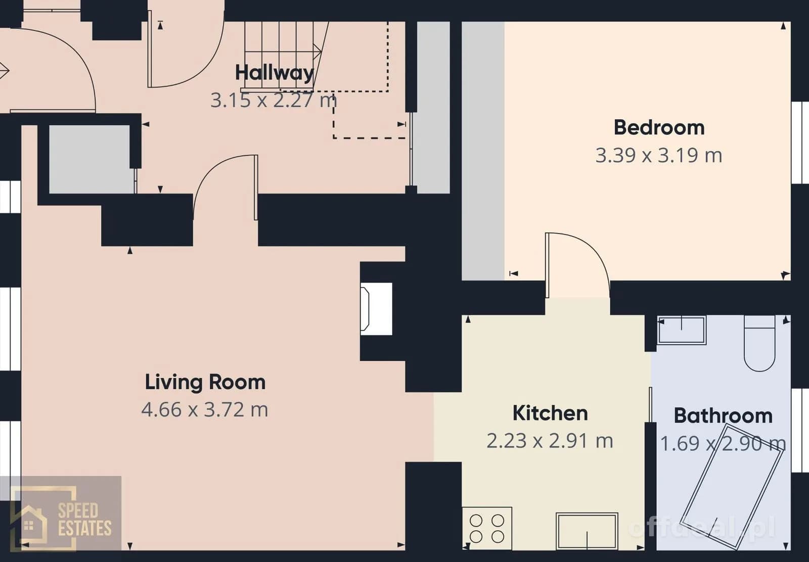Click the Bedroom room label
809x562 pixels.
coord(659,128)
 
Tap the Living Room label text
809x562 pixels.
coord(205,383)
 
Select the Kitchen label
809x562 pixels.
coord(550,413)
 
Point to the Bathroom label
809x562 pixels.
coord(723,416)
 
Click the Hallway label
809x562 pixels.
coord(275,73)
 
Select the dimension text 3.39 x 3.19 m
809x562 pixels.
coord(659,156)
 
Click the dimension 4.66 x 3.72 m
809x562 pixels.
coord(205,410)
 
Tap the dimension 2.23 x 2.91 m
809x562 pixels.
coord(550,441)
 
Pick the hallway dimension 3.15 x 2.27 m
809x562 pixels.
coord(274,101)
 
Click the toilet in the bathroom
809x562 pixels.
coord(759,343)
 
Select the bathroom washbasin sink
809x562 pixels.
coord(682,330)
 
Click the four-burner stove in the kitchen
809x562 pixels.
coord(487,529)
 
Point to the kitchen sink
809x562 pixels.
coord(587,531)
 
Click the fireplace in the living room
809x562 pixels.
coord(376,309)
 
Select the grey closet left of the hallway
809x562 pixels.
coord(92,159)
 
